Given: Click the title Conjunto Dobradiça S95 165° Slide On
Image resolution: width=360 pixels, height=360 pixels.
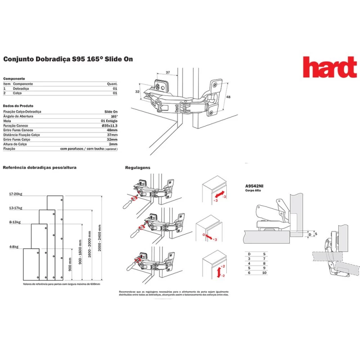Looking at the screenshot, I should point(68,59).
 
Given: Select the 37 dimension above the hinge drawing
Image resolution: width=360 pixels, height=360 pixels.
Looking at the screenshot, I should point(167,72).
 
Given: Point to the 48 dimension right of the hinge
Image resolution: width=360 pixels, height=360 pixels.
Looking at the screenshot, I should point(228,97).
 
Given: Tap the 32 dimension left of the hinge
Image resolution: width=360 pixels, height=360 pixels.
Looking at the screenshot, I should point(138,92).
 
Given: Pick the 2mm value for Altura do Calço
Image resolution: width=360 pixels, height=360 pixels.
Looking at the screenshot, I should point(113,144).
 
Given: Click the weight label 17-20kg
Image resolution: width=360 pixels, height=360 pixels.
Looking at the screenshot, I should point(15,194).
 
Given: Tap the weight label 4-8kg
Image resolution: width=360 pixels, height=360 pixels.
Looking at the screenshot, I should point(14,246).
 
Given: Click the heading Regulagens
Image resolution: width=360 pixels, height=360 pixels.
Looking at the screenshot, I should point(138,168).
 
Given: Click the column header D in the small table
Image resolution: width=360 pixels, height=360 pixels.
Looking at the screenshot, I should point(249,254).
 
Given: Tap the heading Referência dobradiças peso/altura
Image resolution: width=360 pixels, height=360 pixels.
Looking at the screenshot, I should point(40,167).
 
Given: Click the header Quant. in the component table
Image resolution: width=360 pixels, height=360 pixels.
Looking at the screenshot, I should point(112,84).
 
